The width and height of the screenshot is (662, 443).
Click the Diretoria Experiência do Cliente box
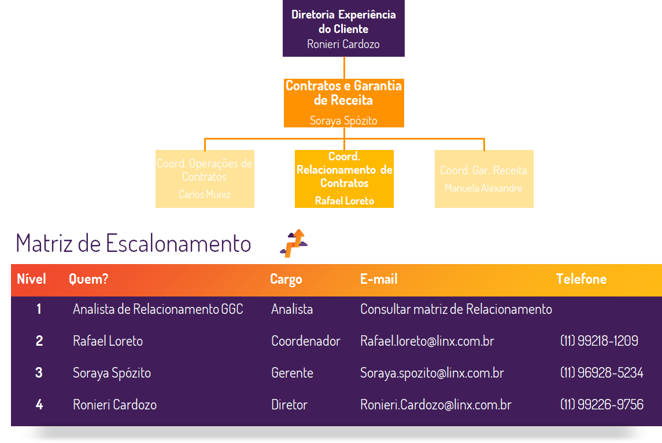pos(343,28)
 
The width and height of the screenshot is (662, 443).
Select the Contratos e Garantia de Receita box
pos(343,102)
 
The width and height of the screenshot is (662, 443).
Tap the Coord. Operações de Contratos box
pos(205,178)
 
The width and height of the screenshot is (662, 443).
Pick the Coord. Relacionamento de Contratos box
pos(344,178)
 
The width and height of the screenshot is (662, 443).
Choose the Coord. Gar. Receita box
pos(484,178)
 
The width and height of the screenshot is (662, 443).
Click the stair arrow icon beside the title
pos(294,243)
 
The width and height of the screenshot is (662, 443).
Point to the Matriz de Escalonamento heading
pos(134,243)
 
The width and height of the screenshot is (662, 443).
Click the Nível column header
pos(31,279)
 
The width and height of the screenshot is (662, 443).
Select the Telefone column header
pos(581,279)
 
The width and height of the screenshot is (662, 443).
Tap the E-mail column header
pos(379,279)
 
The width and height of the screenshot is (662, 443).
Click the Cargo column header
pos(286,280)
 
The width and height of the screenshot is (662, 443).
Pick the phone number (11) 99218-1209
pos(599,341)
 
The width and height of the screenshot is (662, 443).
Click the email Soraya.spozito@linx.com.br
pos(432,373)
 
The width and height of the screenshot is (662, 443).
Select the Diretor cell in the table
pos(289,405)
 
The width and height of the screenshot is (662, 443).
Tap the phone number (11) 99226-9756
pos(601,405)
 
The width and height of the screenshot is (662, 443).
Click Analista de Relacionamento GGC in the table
pos(158,309)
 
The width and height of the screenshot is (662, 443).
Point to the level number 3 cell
pos(39,373)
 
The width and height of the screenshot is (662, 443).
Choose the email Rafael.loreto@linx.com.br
pos(427,341)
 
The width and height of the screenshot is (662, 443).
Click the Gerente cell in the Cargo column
pos(292,373)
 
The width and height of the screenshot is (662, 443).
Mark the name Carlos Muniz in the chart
pos(204,195)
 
